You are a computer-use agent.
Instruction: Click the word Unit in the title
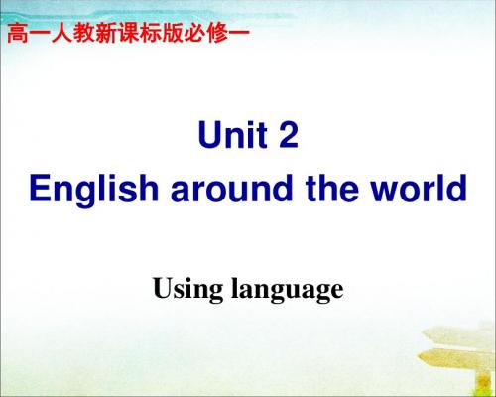pyautogui.click(x=233, y=134)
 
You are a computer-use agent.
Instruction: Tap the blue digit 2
pyautogui.click(x=289, y=134)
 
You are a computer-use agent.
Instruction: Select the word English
pyautogui.click(x=94, y=189)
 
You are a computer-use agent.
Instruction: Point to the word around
pyautogui.click(x=232, y=189)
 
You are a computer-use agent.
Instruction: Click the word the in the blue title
pyautogui.click(x=332, y=188)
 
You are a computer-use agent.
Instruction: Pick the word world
pyautogui.click(x=419, y=188)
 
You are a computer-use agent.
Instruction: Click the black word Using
pyautogui.click(x=187, y=290)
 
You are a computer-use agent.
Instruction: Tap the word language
pyautogui.click(x=288, y=290)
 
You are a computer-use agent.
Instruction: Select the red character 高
pyautogui.click(x=18, y=33)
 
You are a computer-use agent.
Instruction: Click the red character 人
pyautogui.click(x=62, y=33)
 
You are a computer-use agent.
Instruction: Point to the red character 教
pyautogui.click(x=84, y=33)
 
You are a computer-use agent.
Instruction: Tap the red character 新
pyautogui.click(x=106, y=33)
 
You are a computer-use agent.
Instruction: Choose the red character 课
pyautogui.click(x=128, y=33)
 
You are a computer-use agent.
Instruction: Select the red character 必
pyautogui.click(x=194, y=33)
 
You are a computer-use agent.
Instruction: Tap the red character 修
pyautogui.click(x=217, y=33)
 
